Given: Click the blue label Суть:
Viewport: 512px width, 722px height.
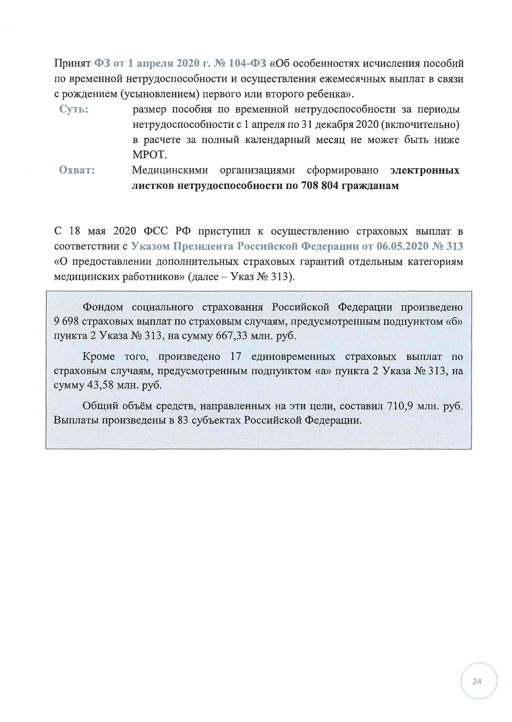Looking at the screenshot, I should click(x=74, y=109).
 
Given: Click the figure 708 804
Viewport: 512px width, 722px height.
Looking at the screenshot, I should click(x=320, y=185).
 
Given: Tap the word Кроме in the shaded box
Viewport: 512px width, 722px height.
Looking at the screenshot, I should click(x=98, y=357).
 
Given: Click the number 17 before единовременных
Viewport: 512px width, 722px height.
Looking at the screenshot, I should click(x=236, y=357).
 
